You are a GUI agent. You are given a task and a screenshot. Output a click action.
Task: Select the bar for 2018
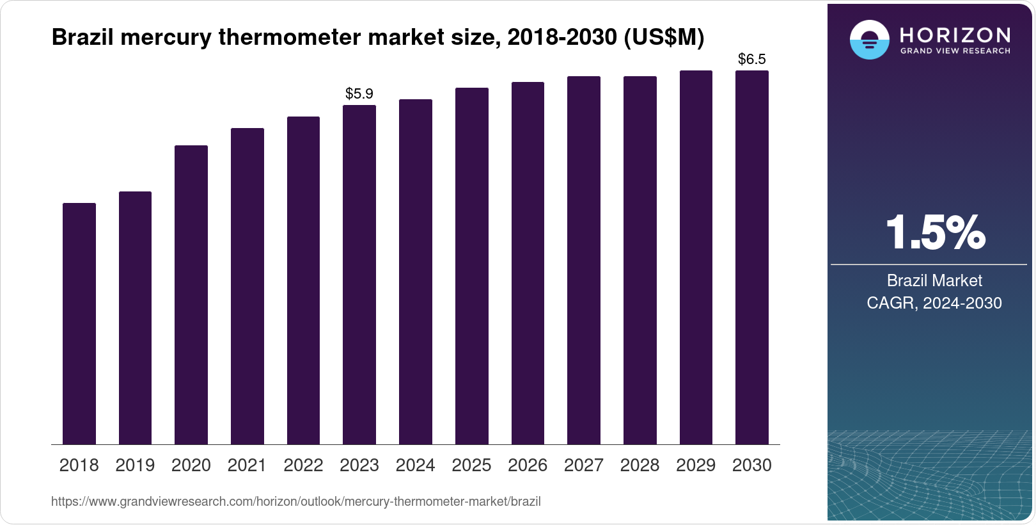[x=79, y=323]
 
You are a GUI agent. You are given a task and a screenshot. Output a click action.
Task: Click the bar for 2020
[x=191, y=295]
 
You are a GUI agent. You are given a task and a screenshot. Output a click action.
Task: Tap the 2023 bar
[x=359, y=275]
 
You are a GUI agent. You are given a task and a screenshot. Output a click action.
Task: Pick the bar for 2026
[x=528, y=263]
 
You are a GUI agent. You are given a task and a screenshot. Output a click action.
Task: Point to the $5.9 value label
[x=359, y=93]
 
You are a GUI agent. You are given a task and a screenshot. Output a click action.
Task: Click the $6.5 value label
[x=752, y=60]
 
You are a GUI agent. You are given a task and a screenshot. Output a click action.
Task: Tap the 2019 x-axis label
[x=135, y=465]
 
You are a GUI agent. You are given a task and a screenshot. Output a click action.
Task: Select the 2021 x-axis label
[x=247, y=465]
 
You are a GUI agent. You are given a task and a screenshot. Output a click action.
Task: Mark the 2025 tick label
[x=471, y=465]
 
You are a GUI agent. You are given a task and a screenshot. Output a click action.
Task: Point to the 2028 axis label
[x=640, y=465]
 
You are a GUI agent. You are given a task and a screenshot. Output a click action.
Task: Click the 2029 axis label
[x=696, y=465]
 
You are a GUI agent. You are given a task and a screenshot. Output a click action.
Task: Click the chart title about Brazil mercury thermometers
[x=377, y=38]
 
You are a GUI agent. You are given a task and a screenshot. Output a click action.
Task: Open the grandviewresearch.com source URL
[x=296, y=502]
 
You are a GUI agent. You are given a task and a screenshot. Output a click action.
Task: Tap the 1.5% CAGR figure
[x=935, y=232]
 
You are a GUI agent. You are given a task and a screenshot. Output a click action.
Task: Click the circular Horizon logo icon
[x=869, y=40]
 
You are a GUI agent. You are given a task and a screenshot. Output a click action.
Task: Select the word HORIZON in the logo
[x=955, y=35]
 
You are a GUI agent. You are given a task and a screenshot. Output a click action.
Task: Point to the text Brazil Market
[x=934, y=280]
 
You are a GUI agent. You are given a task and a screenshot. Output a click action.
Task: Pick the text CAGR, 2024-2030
[x=934, y=303]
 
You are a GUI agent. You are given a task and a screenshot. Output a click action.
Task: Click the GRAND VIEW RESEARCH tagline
[x=955, y=51]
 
